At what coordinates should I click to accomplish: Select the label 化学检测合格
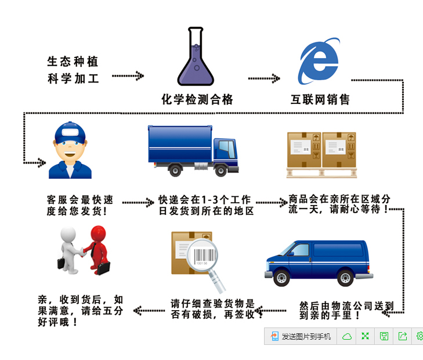coord(197,99)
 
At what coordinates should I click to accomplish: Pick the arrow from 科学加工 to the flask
coord(128,75)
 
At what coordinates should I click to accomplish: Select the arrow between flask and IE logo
coord(264,78)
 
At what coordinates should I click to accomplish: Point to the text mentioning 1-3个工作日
coord(206,206)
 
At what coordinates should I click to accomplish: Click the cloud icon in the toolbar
coord(347,336)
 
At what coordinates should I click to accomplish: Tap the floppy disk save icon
coord(384,336)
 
